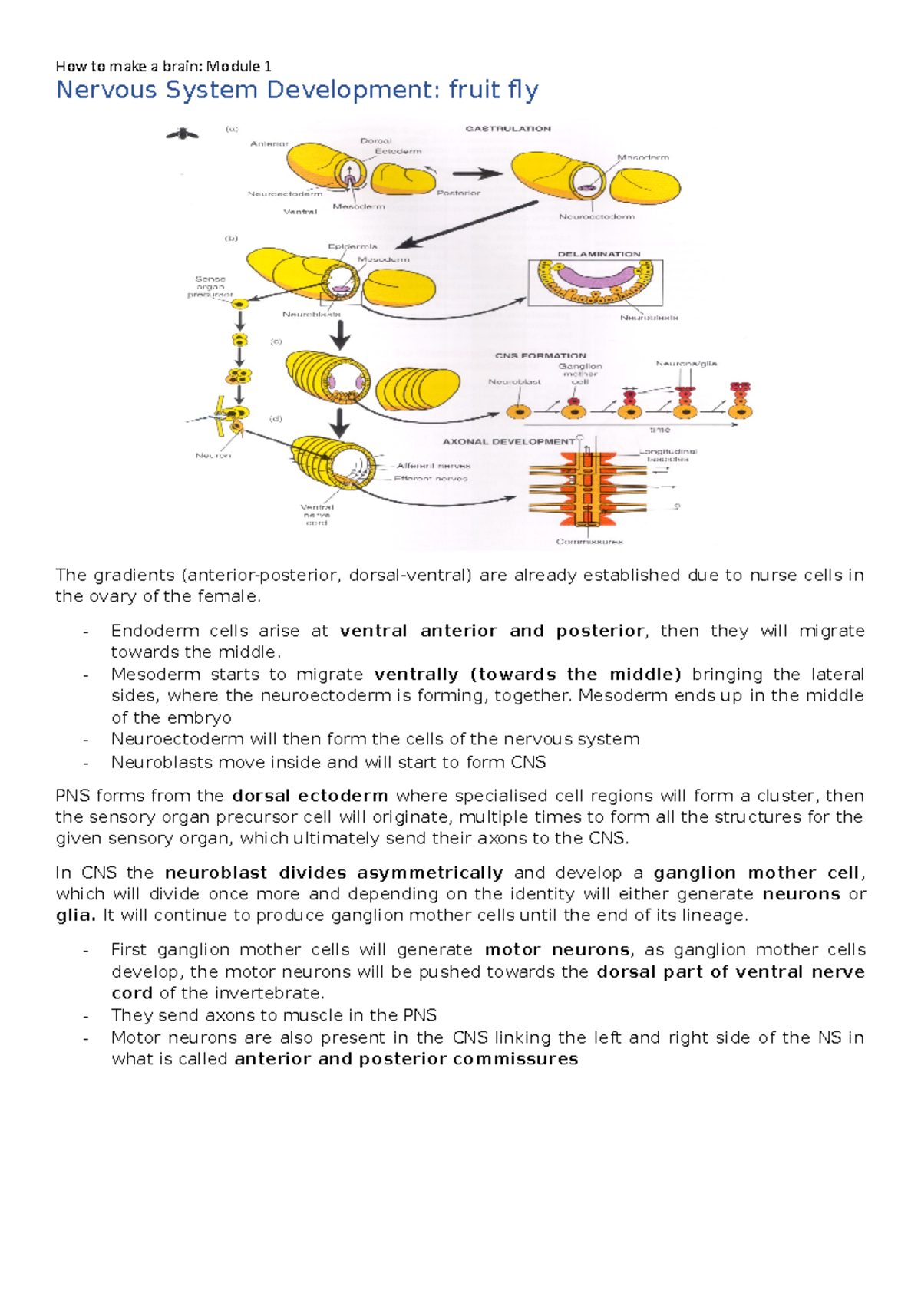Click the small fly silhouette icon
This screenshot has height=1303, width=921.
(x=183, y=134)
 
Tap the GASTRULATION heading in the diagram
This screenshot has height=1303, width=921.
(x=508, y=129)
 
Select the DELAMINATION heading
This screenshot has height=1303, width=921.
(x=599, y=254)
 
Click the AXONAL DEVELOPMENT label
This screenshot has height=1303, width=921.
(x=508, y=442)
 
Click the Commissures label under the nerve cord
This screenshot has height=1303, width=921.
(x=589, y=542)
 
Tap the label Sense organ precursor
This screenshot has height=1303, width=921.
(x=210, y=286)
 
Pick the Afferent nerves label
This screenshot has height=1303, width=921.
(x=434, y=466)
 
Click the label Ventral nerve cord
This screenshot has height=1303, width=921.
(x=316, y=514)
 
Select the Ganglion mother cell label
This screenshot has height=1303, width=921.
(x=580, y=374)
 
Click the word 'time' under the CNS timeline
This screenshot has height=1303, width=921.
(x=660, y=430)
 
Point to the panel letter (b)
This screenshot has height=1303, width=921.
(x=231, y=239)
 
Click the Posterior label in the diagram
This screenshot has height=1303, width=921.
(x=458, y=193)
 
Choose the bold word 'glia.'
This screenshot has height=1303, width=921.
(x=76, y=915)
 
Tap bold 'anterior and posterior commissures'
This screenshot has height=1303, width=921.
(x=406, y=1059)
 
